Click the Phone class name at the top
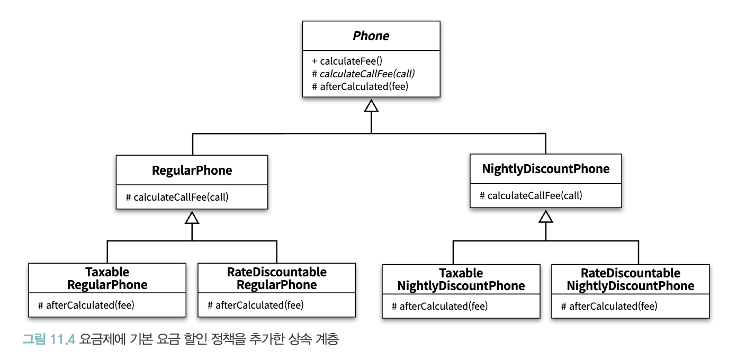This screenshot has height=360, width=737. (x=371, y=35)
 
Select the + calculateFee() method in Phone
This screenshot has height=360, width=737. (x=347, y=61)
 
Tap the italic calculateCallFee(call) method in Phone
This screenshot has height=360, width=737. (x=363, y=74)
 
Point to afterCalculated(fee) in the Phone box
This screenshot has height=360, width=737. (x=360, y=86)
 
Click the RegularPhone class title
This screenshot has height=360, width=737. (x=192, y=170)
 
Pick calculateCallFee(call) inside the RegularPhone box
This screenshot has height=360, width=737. (x=177, y=197)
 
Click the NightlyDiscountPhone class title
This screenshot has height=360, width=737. (x=545, y=169)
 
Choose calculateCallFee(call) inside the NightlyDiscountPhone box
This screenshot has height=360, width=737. (x=531, y=195)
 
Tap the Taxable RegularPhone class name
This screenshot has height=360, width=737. (x=107, y=278)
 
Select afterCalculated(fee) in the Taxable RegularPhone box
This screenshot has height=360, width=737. (x=86, y=305)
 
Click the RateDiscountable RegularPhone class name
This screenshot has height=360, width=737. (x=277, y=278)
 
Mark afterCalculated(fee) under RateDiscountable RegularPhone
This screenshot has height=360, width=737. (x=256, y=305)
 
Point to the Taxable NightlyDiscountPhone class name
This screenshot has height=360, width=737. (x=461, y=280)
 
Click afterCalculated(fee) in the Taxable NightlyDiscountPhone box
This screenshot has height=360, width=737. (x=439, y=307)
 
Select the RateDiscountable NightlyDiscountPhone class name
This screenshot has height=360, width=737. (x=631, y=280)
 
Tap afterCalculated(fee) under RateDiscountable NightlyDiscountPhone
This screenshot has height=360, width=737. (x=609, y=307)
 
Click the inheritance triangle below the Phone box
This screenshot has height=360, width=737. (x=371, y=106)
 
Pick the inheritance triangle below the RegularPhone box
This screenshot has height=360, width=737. (x=192, y=218)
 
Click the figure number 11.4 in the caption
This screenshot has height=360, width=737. (x=62, y=339)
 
